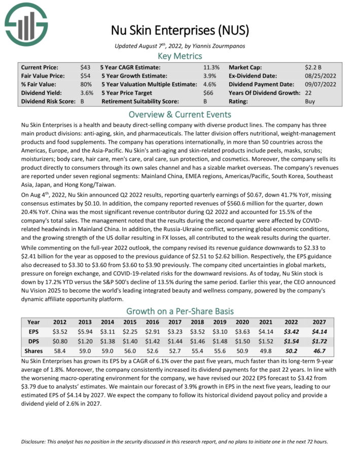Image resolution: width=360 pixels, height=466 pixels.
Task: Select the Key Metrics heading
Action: point(180,56)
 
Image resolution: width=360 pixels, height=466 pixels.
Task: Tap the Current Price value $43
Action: point(85,67)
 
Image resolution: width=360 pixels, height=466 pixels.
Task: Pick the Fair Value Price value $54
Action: point(85,76)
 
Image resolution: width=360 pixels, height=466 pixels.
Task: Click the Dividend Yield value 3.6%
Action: point(87,93)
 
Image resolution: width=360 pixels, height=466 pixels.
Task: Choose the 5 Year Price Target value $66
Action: point(208,93)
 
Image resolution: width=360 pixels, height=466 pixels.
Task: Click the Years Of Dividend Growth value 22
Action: point(309,93)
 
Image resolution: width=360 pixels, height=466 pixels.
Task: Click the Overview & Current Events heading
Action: point(180,114)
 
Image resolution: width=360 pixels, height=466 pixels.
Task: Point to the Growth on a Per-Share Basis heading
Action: point(180,311)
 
